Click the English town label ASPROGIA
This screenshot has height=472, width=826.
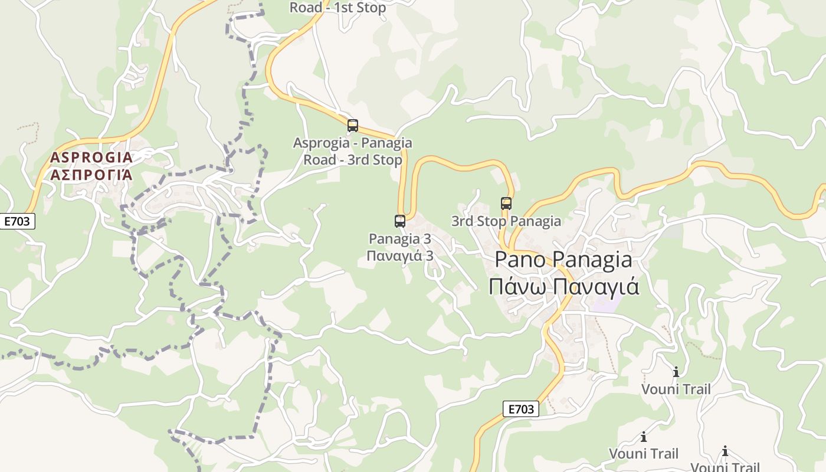91,158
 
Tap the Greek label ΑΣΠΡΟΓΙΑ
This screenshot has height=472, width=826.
91,175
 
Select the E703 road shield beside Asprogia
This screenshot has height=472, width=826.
18,222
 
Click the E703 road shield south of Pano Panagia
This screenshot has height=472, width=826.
521,409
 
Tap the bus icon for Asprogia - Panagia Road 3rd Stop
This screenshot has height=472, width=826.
353,126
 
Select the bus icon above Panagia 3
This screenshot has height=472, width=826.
400,221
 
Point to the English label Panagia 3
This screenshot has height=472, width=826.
400,239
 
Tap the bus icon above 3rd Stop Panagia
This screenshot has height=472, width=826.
506,204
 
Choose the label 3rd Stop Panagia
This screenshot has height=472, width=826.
506,221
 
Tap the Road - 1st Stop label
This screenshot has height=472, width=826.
337,8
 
